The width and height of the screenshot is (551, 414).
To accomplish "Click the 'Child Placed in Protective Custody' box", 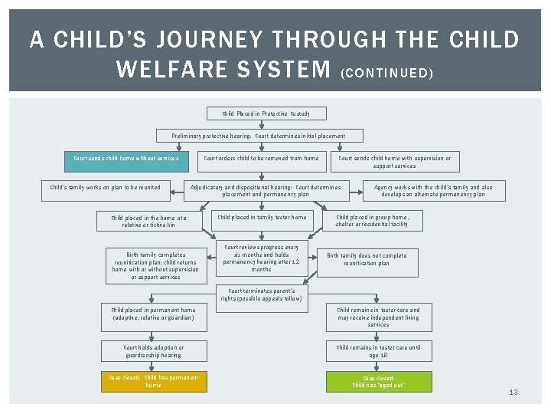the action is (x=266, y=113).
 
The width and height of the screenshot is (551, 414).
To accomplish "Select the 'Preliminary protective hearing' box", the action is (x=258, y=136).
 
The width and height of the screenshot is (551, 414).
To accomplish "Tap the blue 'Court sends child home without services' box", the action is (x=125, y=159).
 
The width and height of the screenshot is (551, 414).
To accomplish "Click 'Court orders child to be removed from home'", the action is (x=261, y=159).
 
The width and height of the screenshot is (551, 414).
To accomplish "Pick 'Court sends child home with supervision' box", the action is (x=394, y=162).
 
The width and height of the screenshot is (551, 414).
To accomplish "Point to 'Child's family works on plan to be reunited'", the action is (x=105, y=187).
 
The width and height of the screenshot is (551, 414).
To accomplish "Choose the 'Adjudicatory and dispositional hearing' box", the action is (x=266, y=190).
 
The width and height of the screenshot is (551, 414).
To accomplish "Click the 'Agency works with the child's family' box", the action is (x=432, y=190).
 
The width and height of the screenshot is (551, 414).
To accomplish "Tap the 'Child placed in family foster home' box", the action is (x=262, y=218).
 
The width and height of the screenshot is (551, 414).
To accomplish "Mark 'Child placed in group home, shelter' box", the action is (x=377, y=221).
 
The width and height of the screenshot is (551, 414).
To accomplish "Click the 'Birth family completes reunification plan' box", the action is (x=155, y=265).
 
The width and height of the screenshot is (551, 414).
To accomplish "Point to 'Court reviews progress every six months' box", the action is (x=261, y=258).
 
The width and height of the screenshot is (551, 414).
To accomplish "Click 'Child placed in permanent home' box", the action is (x=153, y=313).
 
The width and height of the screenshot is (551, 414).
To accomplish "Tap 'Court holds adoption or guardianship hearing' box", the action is (x=153, y=351).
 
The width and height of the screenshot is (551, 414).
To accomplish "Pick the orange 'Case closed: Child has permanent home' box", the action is (x=153, y=381).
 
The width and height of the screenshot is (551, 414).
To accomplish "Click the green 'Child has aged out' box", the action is (x=378, y=381).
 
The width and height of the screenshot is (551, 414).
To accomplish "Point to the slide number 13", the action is (x=513, y=393).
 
